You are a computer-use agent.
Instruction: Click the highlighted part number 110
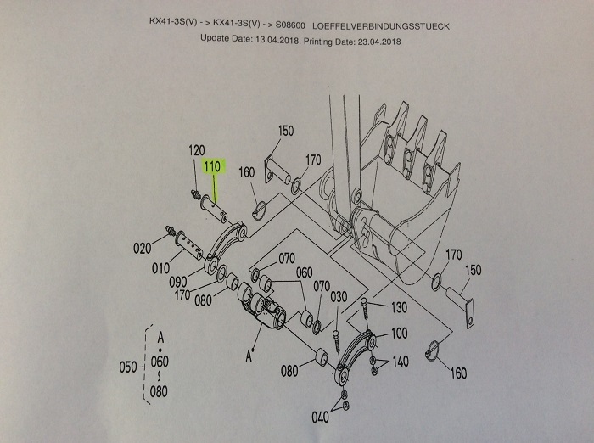[212, 167]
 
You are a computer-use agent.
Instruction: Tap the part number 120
[196, 150]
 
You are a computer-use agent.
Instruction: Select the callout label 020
[142, 249]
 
